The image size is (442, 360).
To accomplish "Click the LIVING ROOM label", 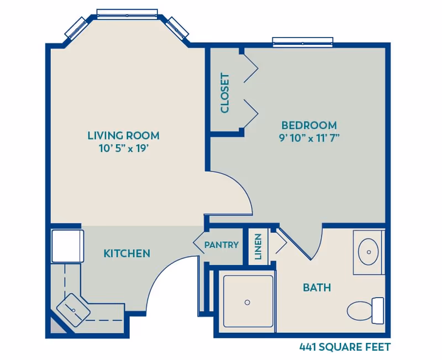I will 123,135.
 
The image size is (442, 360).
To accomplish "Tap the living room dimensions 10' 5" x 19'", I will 123,148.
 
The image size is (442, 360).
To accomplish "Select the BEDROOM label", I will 309,125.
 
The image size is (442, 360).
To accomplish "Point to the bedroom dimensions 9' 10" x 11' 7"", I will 309,138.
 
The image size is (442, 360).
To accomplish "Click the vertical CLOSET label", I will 225,93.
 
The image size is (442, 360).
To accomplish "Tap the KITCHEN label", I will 127,253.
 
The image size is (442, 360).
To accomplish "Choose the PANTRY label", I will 221,245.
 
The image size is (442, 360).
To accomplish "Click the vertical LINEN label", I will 258,246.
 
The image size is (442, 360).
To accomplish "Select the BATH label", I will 317,288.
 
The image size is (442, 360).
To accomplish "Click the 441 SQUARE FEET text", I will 345,347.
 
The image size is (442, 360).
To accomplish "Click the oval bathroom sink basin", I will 368,252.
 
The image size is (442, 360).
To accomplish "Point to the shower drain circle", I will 247,302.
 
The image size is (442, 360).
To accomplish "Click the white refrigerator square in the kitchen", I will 67,246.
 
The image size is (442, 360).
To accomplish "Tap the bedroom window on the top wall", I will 303,41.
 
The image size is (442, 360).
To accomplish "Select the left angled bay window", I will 77,27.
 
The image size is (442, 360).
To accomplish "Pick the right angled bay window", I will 177,27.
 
